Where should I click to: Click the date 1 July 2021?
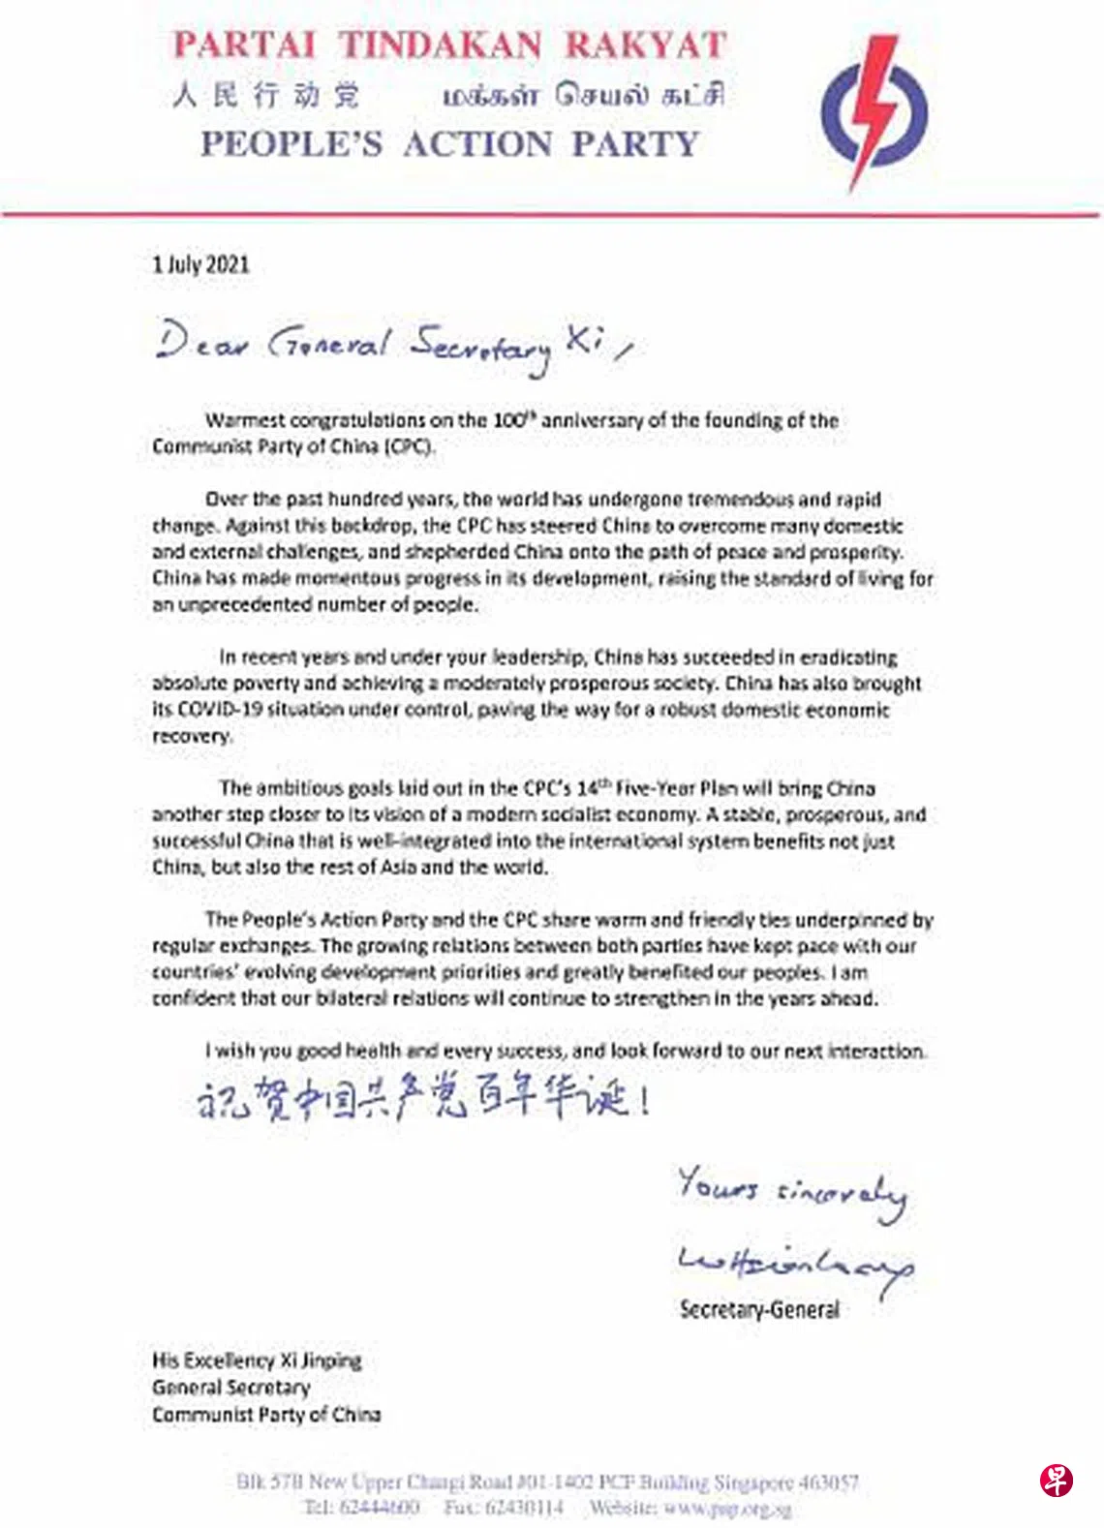click(x=200, y=264)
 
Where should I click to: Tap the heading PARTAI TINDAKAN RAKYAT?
click(x=449, y=46)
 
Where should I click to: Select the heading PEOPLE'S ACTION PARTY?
click(x=449, y=144)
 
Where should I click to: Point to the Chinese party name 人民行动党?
click(x=266, y=95)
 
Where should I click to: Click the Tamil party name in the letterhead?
click(x=583, y=95)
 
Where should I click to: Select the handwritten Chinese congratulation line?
click(x=422, y=1099)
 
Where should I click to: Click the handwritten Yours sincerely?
click(x=791, y=1190)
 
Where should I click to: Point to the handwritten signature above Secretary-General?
click(x=795, y=1263)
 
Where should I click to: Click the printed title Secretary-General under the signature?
click(x=759, y=1310)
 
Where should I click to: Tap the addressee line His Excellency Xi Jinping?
click(x=257, y=1360)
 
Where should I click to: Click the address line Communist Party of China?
click(x=266, y=1415)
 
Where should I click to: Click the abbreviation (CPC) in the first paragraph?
click(x=409, y=446)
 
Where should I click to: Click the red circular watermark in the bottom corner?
click(x=1057, y=1481)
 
